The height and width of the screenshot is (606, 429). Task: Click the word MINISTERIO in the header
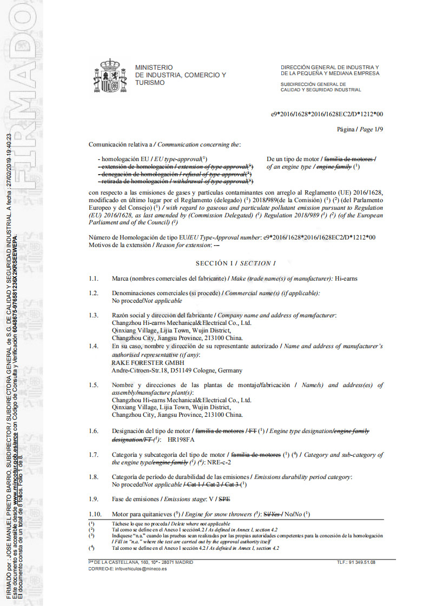click(x=154, y=67)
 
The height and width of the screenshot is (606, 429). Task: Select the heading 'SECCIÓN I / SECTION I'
click(x=236, y=263)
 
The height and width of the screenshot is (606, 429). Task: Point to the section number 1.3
click(x=94, y=315)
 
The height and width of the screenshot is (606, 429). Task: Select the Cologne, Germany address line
click(x=176, y=370)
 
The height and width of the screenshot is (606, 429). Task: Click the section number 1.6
click(x=94, y=431)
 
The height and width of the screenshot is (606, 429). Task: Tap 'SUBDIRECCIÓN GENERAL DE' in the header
click(x=313, y=84)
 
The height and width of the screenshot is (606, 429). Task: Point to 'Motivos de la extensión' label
click(x=121, y=245)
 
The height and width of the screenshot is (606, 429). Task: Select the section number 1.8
click(x=94, y=477)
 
